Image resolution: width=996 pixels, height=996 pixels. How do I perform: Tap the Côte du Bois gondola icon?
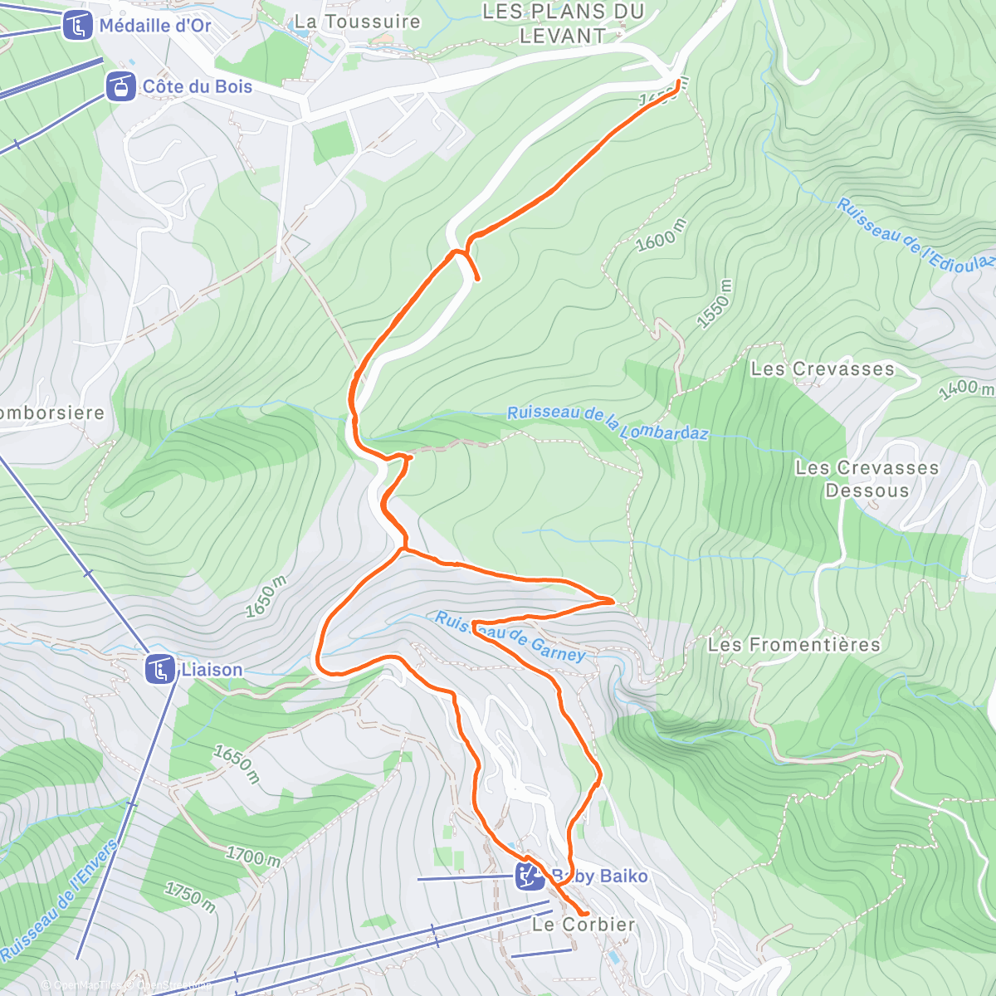pos(120,86)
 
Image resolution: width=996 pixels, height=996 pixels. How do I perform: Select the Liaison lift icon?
pos(159,669)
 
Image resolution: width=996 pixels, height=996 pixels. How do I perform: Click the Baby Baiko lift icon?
pos(529,876)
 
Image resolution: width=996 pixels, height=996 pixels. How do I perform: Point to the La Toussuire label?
pos(358,22)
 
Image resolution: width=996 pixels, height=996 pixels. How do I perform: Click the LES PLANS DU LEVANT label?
pos(563,23)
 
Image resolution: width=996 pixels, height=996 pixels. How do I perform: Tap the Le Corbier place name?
pos(583,924)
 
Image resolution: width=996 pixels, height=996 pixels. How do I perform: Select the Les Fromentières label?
pos(793,644)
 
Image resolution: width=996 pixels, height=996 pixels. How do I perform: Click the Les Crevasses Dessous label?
pos(867,479)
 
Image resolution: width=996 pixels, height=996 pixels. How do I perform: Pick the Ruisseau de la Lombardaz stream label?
pos(608,422)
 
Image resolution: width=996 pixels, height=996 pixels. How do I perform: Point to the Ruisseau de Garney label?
pos(510,637)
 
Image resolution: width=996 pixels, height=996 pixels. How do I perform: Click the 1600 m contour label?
pos(662,235)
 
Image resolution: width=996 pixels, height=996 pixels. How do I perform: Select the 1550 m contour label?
pos(715,304)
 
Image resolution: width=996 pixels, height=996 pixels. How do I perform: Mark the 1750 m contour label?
pos(190,897)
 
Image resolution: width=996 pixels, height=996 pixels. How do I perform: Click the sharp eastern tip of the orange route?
pos(613,600)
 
